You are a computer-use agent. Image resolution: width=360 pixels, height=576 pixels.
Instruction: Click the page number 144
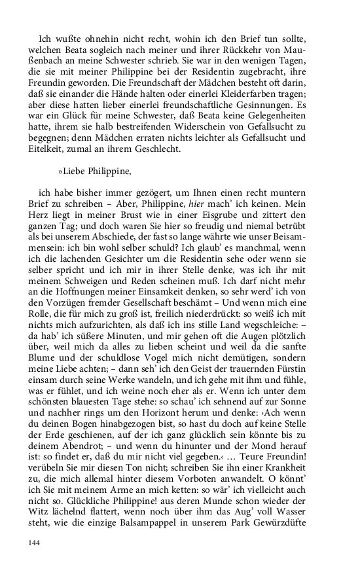pyautogui.click(x=33, y=543)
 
